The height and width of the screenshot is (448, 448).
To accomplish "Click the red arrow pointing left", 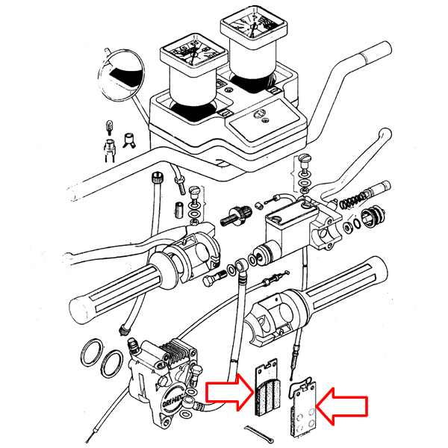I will click(x=343, y=406).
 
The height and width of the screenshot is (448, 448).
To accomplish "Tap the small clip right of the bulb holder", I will click(x=127, y=139).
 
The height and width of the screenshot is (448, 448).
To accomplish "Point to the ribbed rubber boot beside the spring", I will click(x=372, y=219).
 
